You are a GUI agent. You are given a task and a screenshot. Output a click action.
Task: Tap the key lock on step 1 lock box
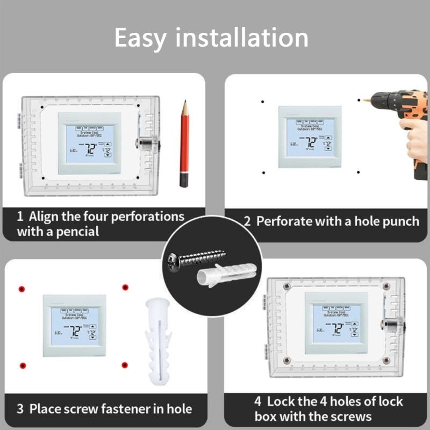pyautogui.click(x=145, y=144)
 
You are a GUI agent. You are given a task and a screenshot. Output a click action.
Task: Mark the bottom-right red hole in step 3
pyautogui.click(x=125, y=365)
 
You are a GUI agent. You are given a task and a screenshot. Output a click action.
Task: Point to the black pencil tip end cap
pyautogui.click(x=184, y=178)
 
